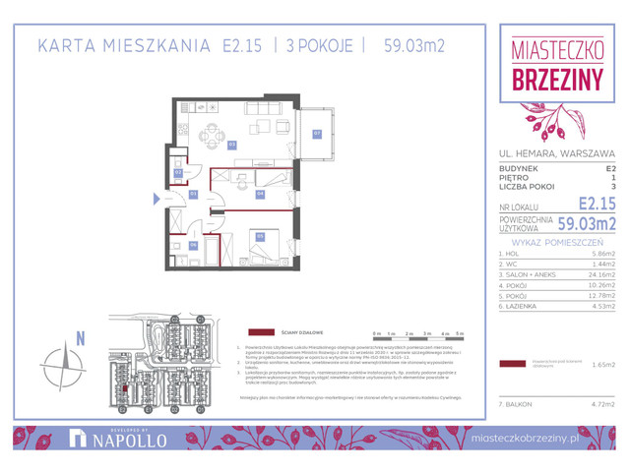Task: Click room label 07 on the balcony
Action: click(317, 134)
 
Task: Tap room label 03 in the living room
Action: click(232, 145)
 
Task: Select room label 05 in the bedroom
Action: click(260, 235)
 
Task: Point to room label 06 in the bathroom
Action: click(193, 245)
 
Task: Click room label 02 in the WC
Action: click(178, 172)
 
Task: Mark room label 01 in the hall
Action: click(194, 194)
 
